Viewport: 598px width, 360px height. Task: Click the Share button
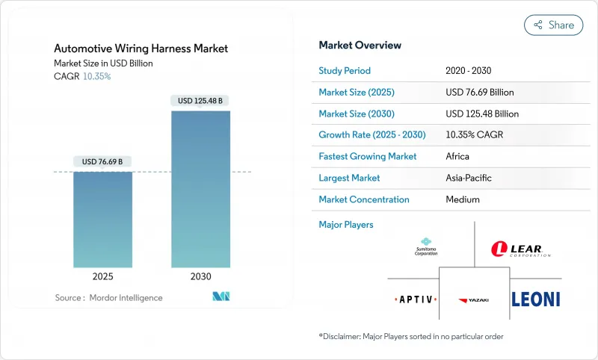point(553,25)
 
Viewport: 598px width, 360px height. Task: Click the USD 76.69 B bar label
point(103,161)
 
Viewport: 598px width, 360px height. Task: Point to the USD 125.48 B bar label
point(200,100)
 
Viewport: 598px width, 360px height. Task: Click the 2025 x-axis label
point(103,276)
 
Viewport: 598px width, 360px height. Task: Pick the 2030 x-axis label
point(200,276)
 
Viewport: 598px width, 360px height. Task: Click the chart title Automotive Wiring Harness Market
point(141,49)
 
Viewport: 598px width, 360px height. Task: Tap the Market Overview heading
point(360,45)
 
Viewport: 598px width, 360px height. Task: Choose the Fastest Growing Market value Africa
point(457,157)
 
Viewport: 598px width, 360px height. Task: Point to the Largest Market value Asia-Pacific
point(468,178)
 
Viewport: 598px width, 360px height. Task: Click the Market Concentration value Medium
point(462,199)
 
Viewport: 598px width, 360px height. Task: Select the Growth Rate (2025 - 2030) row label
point(372,135)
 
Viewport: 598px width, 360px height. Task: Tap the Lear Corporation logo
point(521,249)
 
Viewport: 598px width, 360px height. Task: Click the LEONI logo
point(535,299)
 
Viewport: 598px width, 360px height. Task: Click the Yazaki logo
point(474,300)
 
